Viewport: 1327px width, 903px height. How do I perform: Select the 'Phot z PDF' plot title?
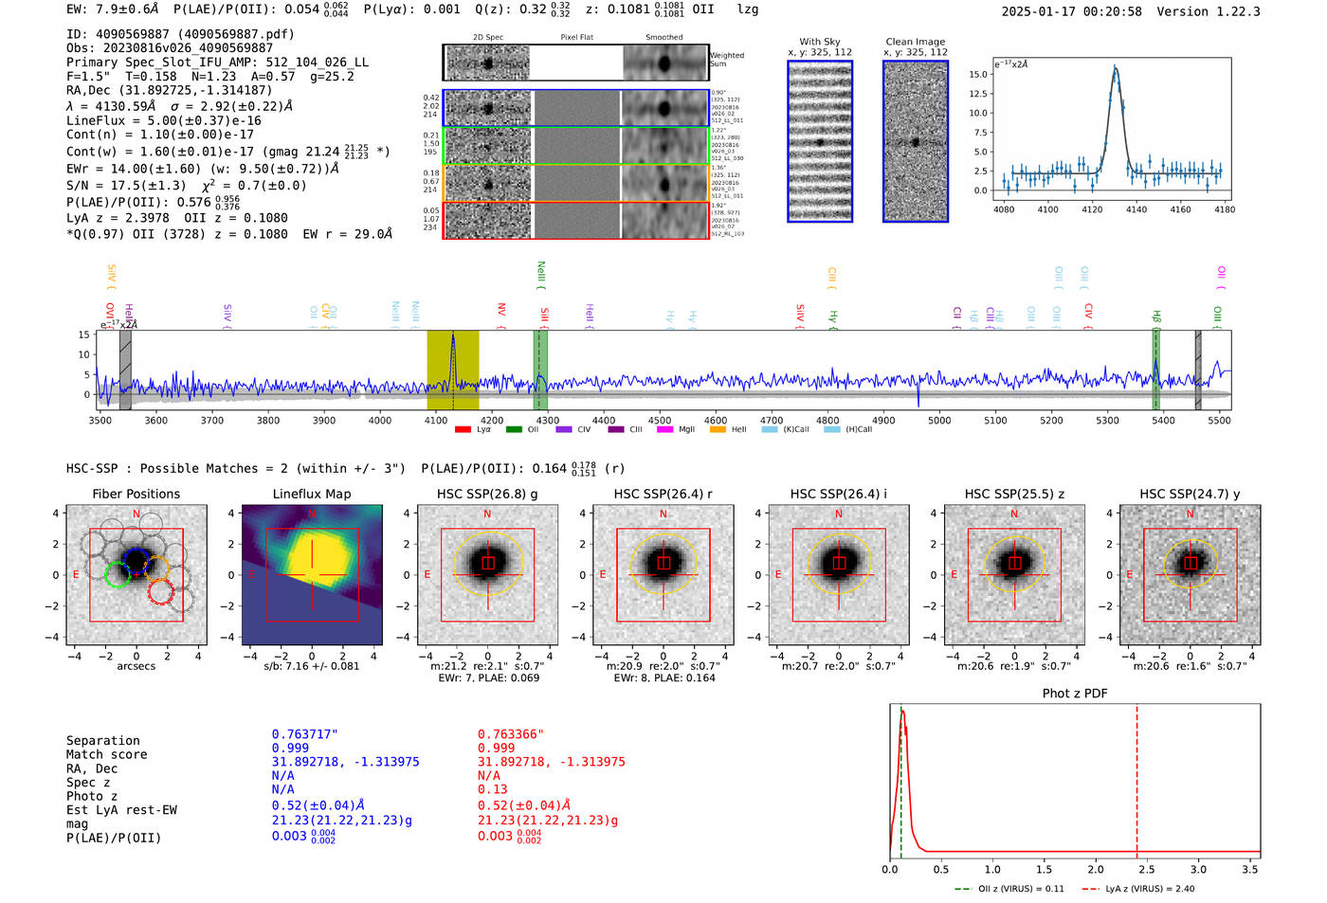click(x=1075, y=694)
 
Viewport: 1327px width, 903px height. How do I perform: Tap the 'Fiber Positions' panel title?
click(x=136, y=494)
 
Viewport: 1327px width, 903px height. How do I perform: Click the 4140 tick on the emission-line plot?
click(x=1136, y=209)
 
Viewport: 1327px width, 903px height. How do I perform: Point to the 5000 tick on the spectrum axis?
click(x=939, y=420)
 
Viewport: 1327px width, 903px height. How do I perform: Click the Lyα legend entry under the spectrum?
click(x=473, y=429)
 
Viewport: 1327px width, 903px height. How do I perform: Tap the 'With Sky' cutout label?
click(x=820, y=42)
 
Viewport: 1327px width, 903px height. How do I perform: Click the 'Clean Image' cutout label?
click(x=915, y=42)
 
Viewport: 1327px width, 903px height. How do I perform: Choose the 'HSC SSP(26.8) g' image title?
click(x=487, y=494)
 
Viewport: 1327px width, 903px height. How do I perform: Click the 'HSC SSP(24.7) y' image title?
click(x=1190, y=494)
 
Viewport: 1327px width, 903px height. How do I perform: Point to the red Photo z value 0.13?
click(x=492, y=789)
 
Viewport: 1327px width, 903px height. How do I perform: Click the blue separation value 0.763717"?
click(x=304, y=734)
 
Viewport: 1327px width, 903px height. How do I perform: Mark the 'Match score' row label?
click(x=106, y=754)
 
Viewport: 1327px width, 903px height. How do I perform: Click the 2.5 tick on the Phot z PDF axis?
click(x=1147, y=869)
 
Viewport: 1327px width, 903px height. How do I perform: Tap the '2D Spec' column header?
click(x=488, y=37)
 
